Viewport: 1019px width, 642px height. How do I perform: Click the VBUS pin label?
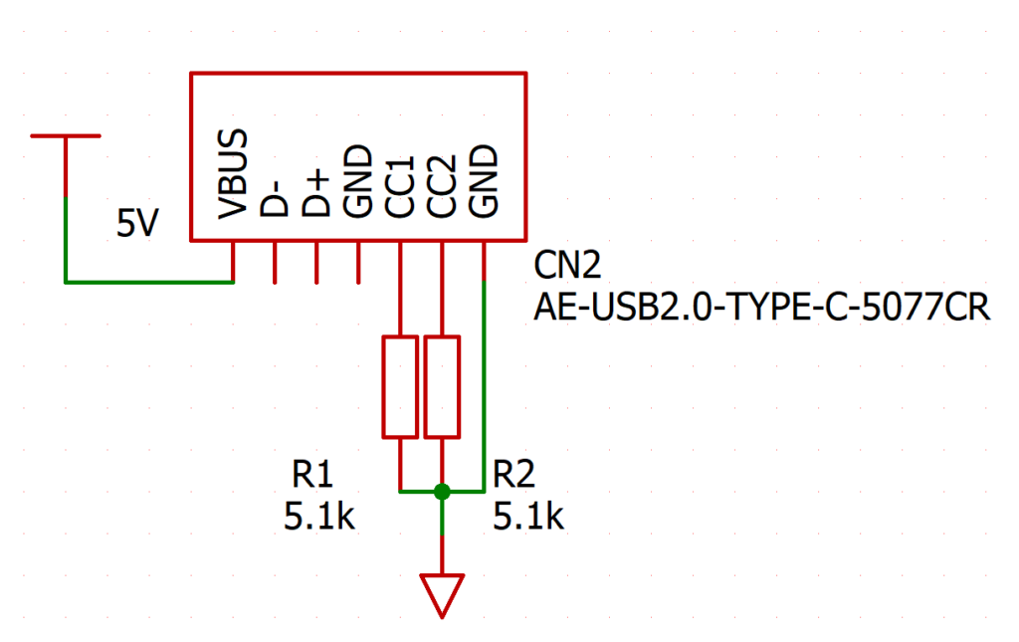[x=233, y=174]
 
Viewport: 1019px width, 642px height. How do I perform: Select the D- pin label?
[x=275, y=197]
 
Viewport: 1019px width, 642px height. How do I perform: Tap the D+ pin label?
[x=315, y=193]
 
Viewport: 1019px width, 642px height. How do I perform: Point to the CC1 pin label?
[x=399, y=186]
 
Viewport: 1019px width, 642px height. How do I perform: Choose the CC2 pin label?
[x=441, y=186]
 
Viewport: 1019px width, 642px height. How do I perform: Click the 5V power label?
[x=137, y=223]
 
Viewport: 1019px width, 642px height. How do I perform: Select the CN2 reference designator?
[x=567, y=265]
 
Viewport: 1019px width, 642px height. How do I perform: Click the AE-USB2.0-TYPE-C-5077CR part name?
[x=761, y=307]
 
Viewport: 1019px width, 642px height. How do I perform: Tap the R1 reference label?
[x=311, y=474]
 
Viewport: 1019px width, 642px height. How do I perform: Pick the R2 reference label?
[x=513, y=474]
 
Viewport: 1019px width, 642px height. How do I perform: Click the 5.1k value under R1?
[x=319, y=517]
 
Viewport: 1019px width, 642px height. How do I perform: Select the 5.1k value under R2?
[x=528, y=517]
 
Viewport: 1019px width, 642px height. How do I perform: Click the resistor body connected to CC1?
[x=400, y=386]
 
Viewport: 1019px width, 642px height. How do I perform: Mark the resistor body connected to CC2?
[x=442, y=386]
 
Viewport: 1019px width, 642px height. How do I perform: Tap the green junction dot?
[x=442, y=492]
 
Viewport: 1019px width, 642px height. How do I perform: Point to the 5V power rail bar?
[x=66, y=135]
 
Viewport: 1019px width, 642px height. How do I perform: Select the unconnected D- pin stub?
[x=275, y=263]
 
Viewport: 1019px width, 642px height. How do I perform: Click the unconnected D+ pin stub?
[x=316, y=263]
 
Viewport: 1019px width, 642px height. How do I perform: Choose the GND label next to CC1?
[x=357, y=181]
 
